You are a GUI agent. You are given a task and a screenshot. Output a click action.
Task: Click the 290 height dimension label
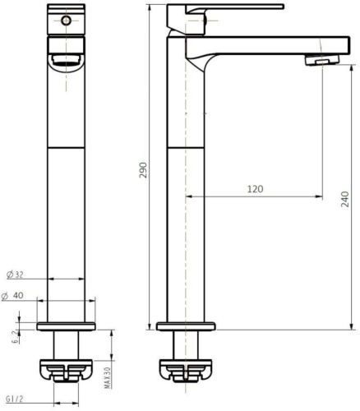(x=142, y=170)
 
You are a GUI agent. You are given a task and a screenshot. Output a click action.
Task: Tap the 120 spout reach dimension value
(x=255, y=189)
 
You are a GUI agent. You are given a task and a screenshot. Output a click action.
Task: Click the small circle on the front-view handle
(x=67, y=18)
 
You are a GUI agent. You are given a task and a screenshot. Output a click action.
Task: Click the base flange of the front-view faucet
(x=68, y=327)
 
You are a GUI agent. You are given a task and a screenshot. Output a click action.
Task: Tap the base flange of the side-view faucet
(x=188, y=327)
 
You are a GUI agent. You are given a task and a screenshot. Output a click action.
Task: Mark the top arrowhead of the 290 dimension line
(x=150, y=7)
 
